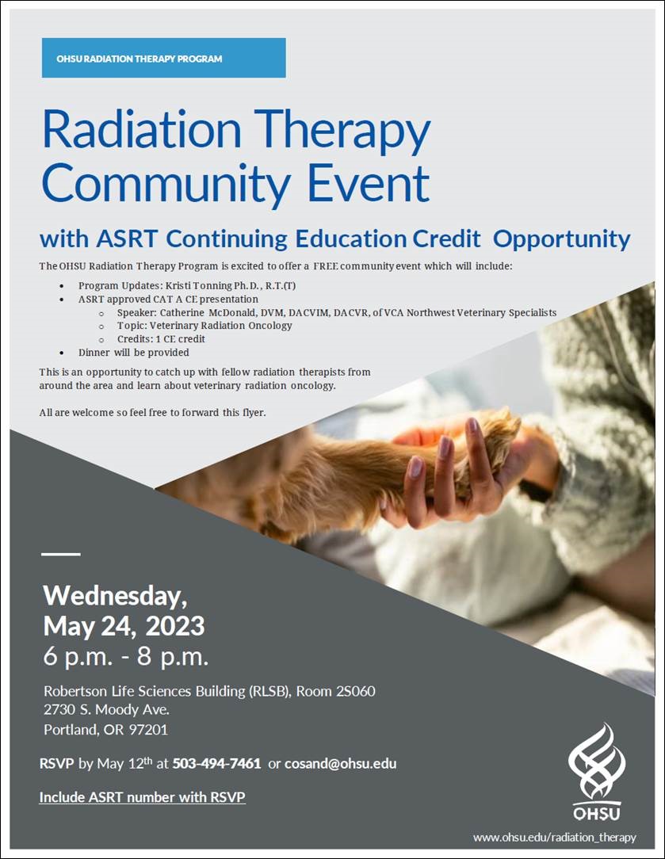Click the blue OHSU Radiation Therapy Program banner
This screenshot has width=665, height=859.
click(x=164, y=58)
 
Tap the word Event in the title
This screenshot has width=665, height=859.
click(x=368, y=184)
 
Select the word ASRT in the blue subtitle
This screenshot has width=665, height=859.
click(x=127, y=239)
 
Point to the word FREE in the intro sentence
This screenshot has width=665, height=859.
click(x=326, y=266)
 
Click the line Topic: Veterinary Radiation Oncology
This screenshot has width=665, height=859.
click(x=204, y=326)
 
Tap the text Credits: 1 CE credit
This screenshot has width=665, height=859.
click(x=161, y=339)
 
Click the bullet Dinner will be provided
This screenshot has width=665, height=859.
click(x=134, y=353)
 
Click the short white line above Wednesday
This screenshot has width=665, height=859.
click(x=61, y=555)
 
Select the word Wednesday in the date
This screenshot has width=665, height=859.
click(x=115, y=596)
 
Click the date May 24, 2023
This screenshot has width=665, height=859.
click(x=124, y=625)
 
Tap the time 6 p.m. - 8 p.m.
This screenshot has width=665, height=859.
click(x=126, y=656)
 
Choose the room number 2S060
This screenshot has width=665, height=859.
click(x=356, y=691)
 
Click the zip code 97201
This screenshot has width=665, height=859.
click(x=148, y=730)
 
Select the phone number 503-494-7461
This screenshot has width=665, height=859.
click(x=217, y=764)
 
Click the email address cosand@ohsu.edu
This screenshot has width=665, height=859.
click(x=340, y=764)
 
